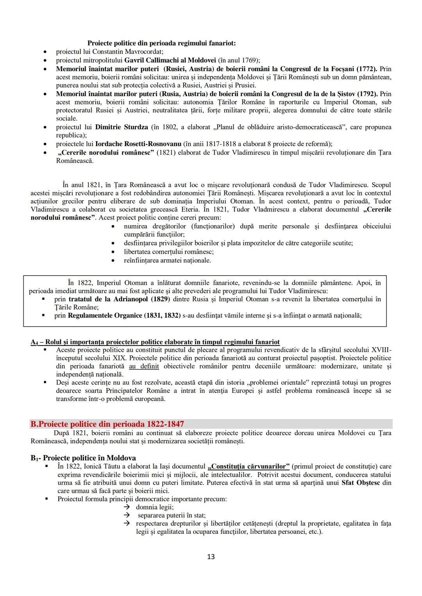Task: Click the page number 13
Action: coord(211,557)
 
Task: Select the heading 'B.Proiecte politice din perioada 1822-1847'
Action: coord(107,424)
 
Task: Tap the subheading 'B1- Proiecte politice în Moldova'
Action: coord(83,458)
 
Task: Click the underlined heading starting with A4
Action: coord(155,342)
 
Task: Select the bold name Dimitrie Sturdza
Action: coord(122,127)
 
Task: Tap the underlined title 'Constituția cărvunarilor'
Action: coord(249,466)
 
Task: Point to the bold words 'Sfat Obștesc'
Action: coord(360,483)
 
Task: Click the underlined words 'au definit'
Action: coord(144,366)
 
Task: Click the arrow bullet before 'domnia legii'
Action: coord(127,507)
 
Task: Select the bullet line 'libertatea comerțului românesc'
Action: coord(169,252)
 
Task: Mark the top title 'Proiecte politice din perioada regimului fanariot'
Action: coord(161,43)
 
